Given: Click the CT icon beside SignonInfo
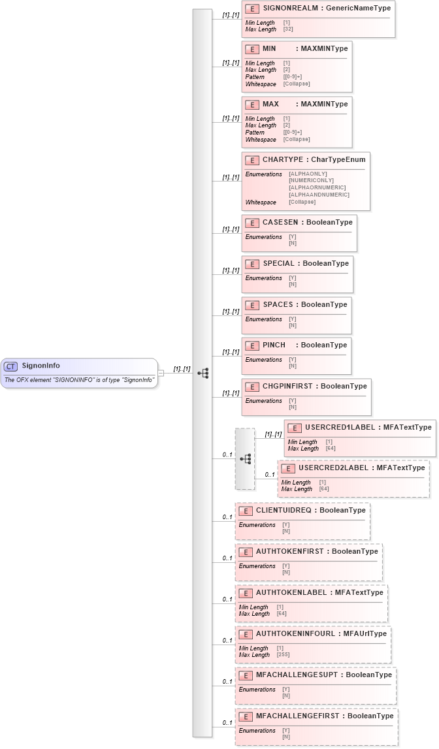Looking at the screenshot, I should (x=11, y=366).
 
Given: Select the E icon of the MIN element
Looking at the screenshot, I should (x=252, y=49).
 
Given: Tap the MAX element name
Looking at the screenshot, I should (x=270, y=104).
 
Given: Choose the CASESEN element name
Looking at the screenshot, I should (x=280, y=223).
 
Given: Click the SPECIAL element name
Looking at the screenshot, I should (x=278, y=264).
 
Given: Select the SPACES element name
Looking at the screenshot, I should (x=278, y=305).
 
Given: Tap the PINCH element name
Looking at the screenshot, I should (x=274, y=345).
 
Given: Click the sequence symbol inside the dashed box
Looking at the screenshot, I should (x=245, y=459).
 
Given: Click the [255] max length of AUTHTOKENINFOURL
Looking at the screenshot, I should (x=284, y=655).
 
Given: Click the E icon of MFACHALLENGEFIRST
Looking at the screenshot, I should (x=245, y=716).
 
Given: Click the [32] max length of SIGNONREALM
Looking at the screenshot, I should (x=288, y=29).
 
